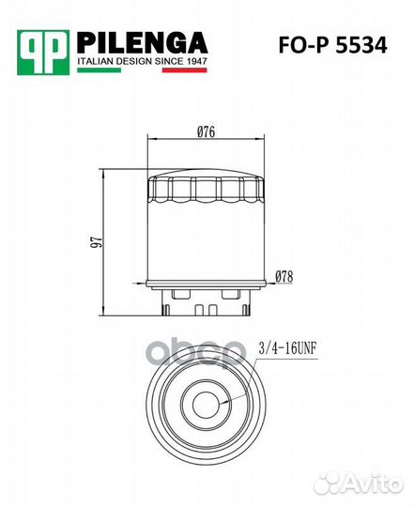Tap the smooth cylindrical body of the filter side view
(x=207, y=244)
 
